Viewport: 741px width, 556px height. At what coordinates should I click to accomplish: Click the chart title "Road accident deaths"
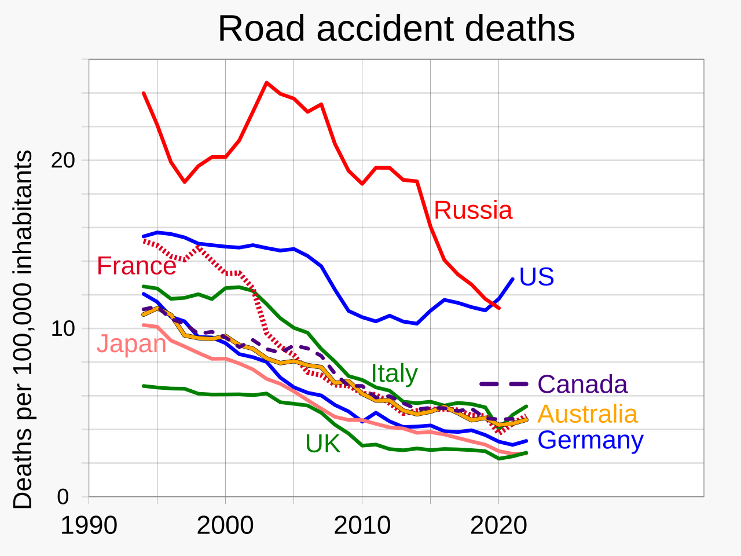[396, 29]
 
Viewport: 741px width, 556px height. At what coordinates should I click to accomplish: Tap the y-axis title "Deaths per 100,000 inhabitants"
[23, 330]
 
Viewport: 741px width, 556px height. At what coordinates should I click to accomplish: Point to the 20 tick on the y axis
[63, 160]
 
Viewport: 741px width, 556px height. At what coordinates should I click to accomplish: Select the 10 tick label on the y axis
[63, 329]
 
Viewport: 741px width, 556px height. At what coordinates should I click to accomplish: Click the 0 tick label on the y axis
[63, 497]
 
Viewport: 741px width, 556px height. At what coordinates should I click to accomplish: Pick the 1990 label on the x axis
[89, 526]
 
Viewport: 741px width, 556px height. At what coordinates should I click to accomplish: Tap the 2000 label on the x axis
[225, 526]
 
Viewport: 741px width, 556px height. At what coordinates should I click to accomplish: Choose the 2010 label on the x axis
[362, 526]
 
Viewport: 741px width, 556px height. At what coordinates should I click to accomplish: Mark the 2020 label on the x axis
[498, 526]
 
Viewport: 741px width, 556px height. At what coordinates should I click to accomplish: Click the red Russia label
[473, 210]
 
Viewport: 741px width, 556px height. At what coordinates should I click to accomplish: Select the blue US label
[537, 277]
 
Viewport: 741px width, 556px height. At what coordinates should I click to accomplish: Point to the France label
[136, 266]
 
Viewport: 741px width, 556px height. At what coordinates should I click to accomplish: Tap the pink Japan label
[131, 344]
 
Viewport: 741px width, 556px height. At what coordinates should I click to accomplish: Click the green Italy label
[394, 374]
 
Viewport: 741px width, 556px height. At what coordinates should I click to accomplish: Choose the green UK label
[322, 444]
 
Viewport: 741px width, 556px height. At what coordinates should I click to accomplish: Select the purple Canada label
[582, 385]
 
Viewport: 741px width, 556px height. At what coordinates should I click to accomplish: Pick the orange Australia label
[588, 414]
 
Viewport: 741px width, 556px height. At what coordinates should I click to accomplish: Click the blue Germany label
[590, 440]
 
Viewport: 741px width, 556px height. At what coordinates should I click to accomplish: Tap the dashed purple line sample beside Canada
[504, 384]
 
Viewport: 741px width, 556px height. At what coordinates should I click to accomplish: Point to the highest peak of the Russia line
[266, 83]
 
